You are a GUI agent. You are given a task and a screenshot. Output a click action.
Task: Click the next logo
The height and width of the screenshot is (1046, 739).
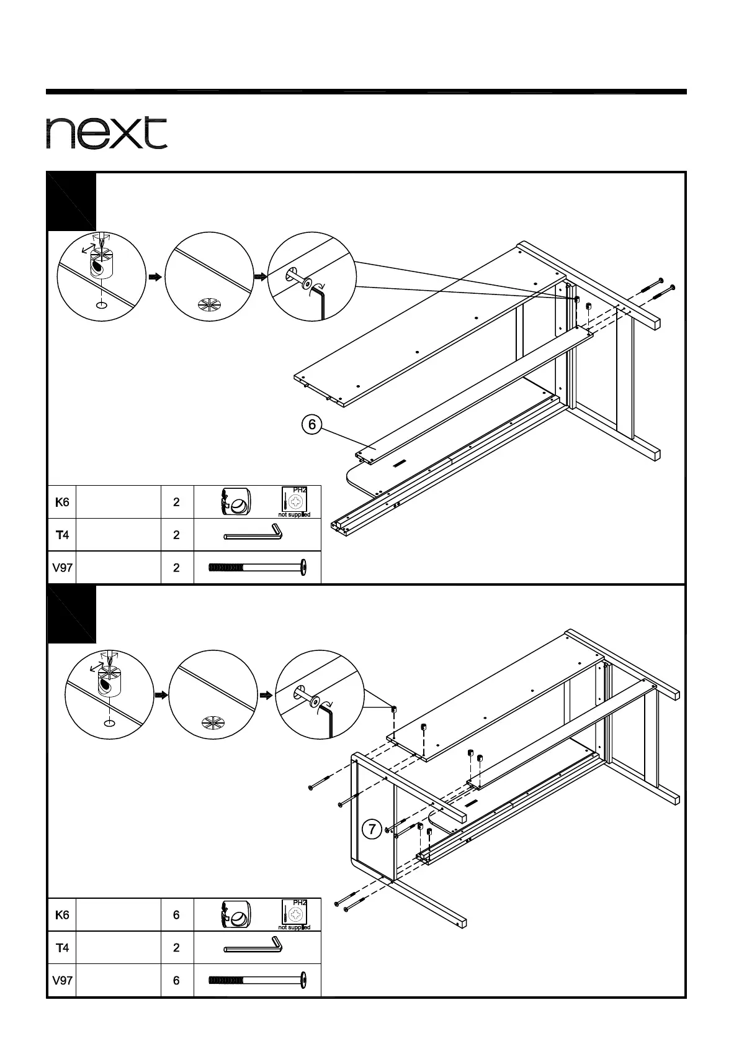107,132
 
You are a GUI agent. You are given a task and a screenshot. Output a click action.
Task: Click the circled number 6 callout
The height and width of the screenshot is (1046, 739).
312,425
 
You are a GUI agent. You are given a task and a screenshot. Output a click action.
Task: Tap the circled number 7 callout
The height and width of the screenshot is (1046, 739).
371,830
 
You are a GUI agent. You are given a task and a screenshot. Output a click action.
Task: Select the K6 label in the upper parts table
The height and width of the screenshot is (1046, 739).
62,502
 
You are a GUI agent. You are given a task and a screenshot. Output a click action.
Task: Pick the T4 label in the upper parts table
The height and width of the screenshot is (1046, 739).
62,535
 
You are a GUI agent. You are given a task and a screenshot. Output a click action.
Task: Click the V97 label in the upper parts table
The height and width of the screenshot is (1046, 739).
62,567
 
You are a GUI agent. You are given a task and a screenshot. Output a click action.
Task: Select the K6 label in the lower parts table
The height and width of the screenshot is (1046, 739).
62,914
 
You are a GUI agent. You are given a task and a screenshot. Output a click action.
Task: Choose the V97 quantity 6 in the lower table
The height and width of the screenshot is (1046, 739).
177,980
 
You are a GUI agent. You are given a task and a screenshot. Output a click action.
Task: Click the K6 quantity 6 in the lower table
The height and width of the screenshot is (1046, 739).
177,914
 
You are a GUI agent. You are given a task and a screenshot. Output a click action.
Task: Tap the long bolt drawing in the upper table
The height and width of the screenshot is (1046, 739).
257,567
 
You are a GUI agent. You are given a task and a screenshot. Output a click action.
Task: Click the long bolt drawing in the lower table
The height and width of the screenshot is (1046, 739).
257,980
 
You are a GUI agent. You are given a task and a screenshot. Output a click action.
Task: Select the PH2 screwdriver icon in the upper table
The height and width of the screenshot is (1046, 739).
295,501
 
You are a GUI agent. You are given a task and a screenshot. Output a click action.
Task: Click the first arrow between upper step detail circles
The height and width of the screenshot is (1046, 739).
155,277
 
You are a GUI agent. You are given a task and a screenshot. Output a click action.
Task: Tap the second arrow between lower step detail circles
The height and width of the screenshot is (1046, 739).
266,695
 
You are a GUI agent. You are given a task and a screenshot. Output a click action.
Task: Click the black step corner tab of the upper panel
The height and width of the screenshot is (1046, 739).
71,201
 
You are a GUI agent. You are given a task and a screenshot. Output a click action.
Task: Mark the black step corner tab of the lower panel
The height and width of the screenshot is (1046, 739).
71,614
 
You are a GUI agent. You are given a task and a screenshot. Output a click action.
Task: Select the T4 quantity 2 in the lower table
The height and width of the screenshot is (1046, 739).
177,947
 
